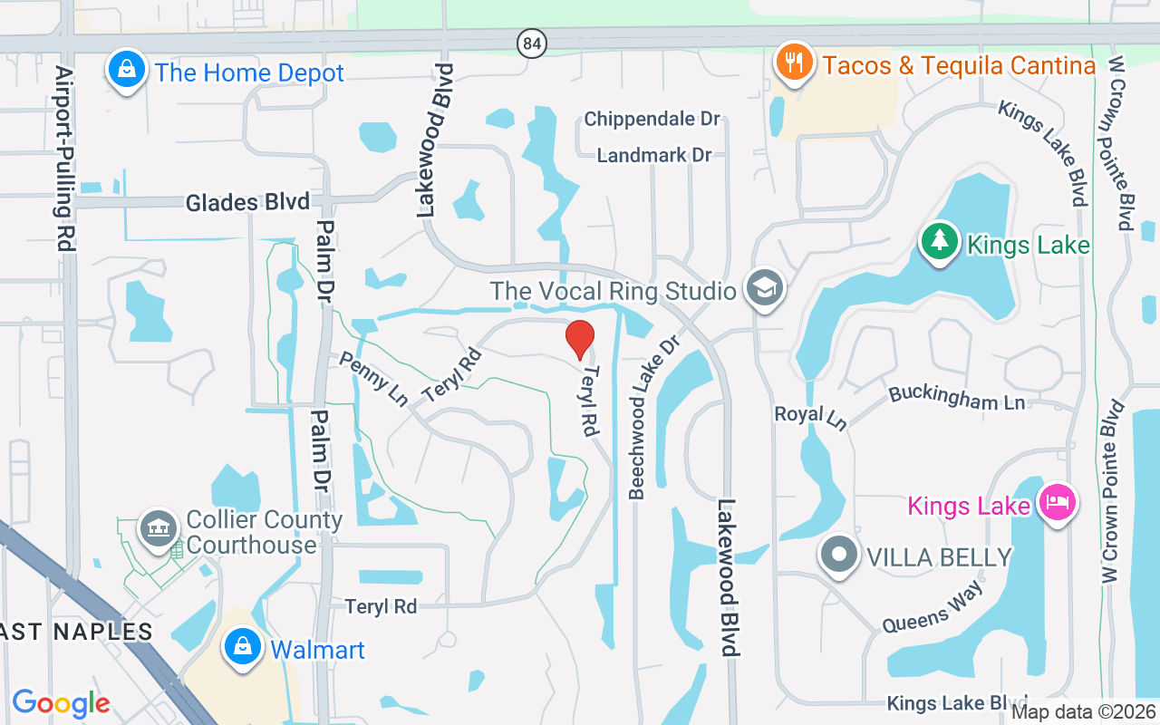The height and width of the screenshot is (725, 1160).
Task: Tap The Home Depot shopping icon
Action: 127,70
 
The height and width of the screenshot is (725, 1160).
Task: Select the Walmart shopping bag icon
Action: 242,648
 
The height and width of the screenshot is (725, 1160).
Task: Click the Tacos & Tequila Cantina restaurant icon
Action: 795,63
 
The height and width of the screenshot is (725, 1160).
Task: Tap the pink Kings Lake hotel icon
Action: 1057,501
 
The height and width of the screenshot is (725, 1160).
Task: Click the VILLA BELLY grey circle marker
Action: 838,556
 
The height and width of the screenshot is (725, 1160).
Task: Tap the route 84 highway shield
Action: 532,42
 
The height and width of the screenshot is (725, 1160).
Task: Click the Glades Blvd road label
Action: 247,202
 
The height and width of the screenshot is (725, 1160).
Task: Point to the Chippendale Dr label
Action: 652,119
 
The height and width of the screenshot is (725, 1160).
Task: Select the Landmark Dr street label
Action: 653,155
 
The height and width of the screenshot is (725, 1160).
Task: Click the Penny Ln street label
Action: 372,379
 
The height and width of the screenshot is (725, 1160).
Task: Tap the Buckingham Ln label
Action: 957,396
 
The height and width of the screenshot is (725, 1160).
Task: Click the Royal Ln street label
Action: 809,417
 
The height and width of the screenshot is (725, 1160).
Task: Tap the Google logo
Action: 61,702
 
